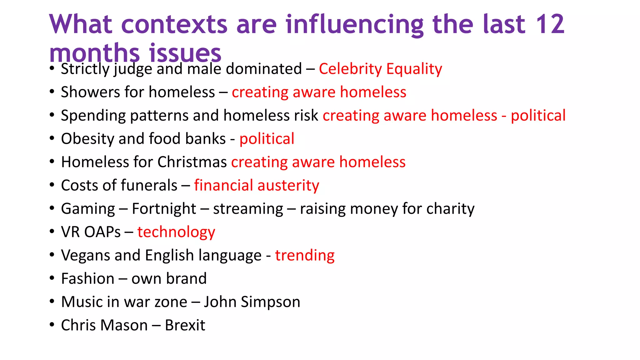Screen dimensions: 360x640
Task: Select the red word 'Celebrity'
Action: click(x=350, y=69)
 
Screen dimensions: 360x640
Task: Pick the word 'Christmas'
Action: click(x=192, y=162)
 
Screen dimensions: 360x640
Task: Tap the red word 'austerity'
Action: click(x=288, y=186)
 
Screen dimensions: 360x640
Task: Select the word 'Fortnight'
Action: click(x=164, y=209)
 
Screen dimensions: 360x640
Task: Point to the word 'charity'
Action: click(x=450, y=209)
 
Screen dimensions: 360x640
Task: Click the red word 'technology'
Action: click(x=176, y=232)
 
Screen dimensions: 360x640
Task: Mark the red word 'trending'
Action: click(x=305, y=256)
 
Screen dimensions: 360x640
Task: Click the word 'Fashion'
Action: click(x=88, y=278)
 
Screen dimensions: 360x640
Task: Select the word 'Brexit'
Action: click(x=185, y=325)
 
